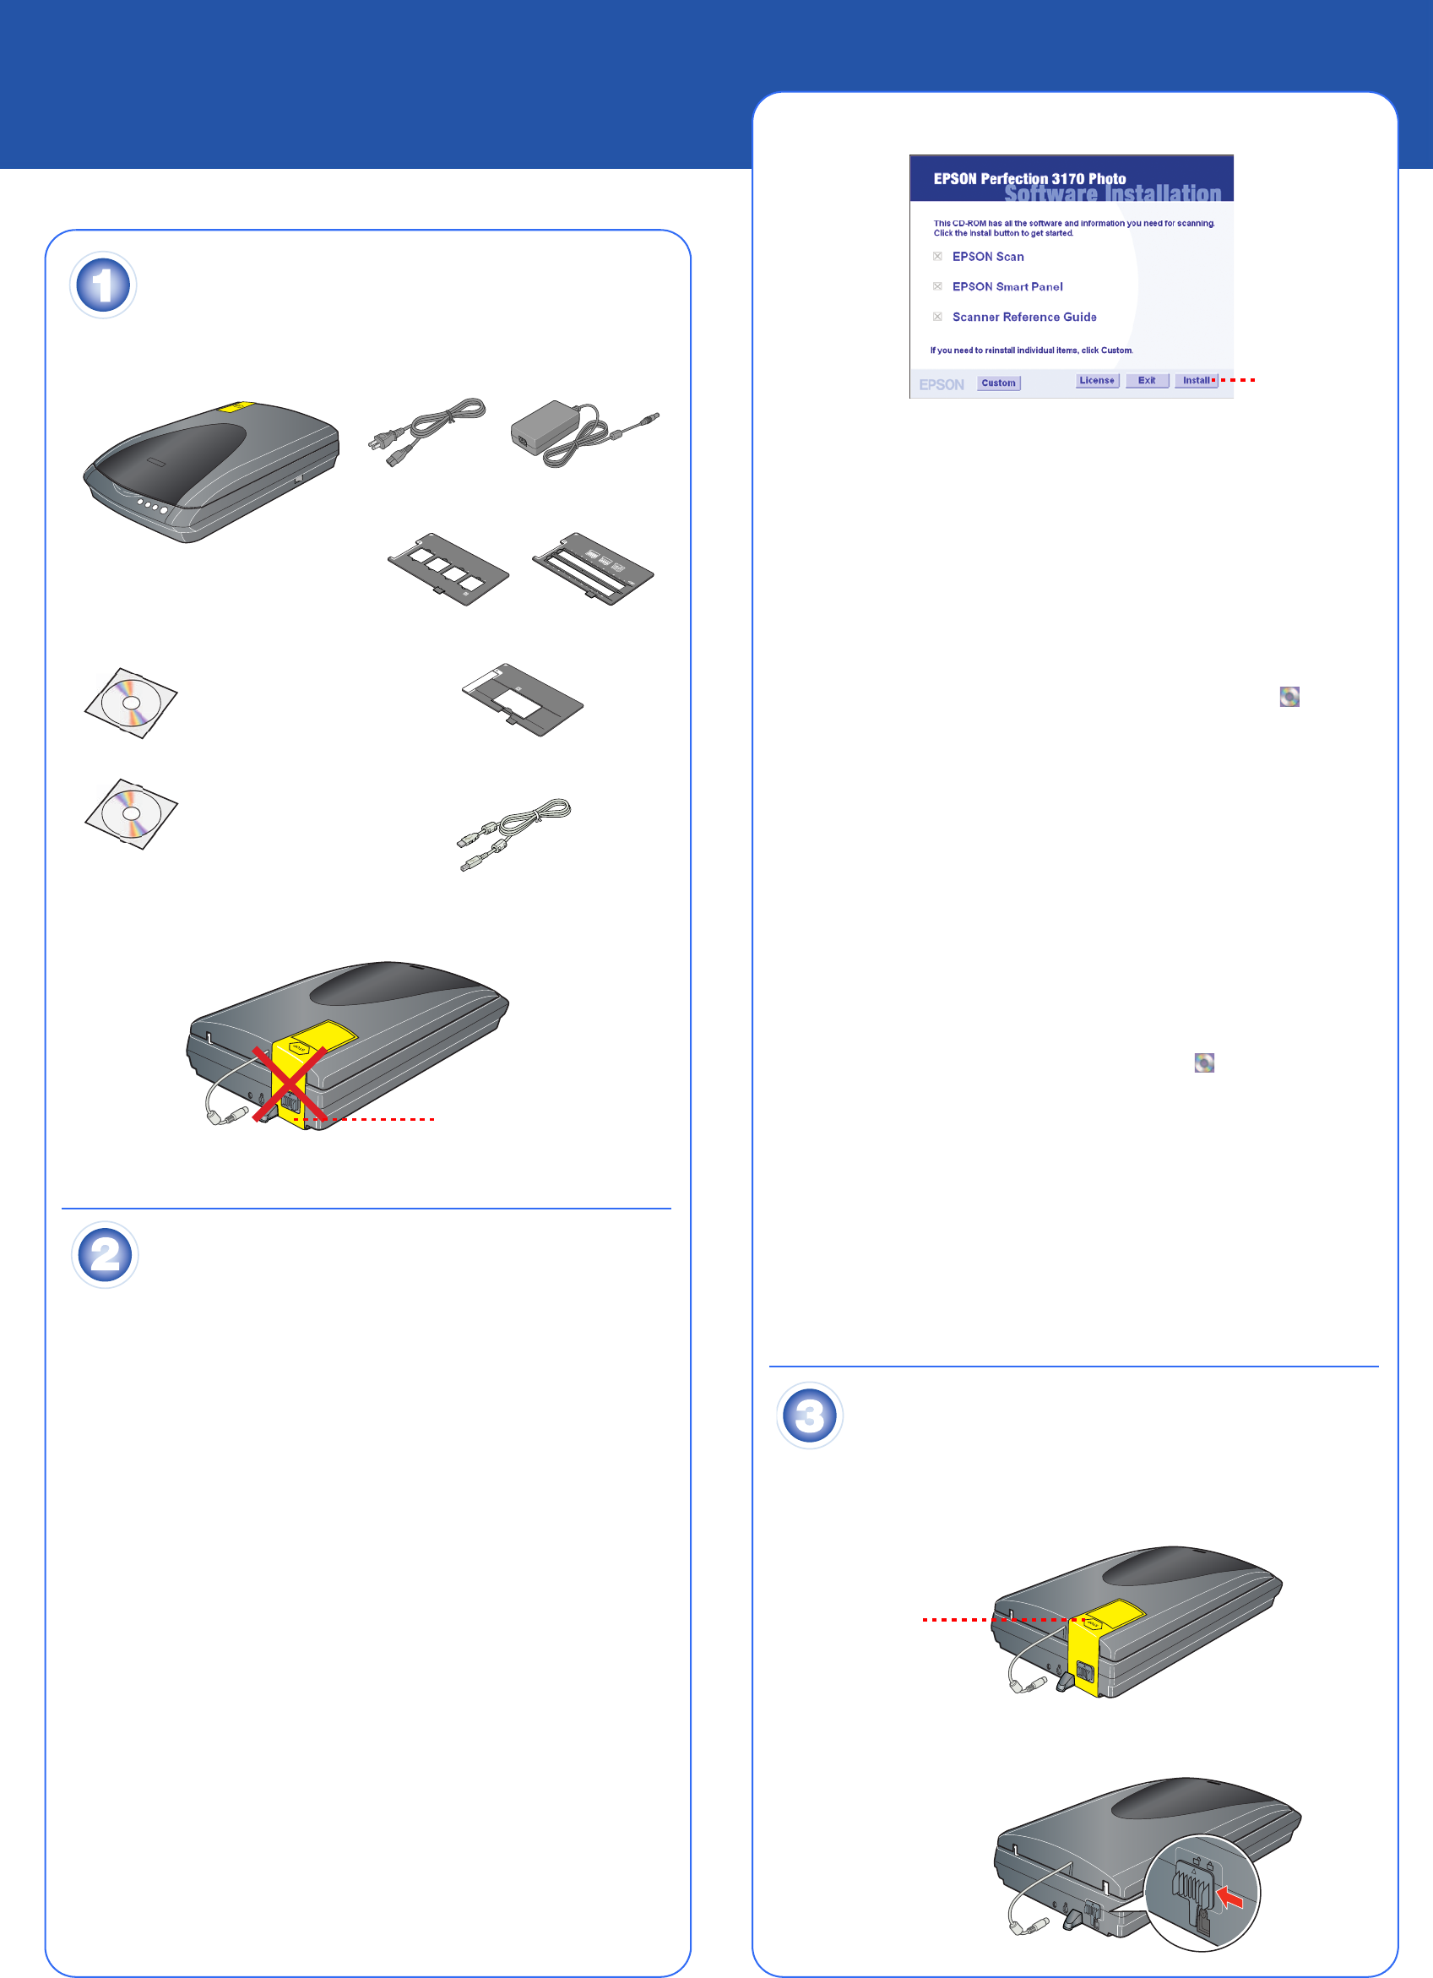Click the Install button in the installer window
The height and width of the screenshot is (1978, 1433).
coord(1195,380)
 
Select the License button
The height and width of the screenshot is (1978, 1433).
coord(1096,380)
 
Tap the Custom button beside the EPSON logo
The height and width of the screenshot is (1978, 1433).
coord(998,383)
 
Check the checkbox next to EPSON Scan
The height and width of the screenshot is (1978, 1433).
coord(937,257)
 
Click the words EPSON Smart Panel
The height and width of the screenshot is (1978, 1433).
coord(1007,287)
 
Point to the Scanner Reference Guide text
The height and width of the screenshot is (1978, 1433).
coord(1024,318)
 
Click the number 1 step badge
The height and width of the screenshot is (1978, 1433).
coord(103,285)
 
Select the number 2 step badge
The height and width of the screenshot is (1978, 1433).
coord(105,1255)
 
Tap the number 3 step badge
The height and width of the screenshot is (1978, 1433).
coord(810,1416)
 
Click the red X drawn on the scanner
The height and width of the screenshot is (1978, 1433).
coord(290,1084)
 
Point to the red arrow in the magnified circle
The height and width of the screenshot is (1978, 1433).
coord(1229,1896)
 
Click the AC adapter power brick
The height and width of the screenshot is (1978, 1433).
coord(548,431)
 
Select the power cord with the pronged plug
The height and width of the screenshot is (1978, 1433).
coord(427,431)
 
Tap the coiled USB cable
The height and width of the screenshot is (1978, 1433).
coord(514,833)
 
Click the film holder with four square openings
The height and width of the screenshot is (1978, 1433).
coord(448,568)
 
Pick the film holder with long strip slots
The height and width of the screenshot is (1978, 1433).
coord(593,568)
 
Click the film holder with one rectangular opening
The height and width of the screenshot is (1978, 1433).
coord(521,699)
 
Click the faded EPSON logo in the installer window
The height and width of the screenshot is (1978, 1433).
coord(941,384)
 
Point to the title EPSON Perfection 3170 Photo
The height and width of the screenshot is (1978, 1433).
coord(1029,179)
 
